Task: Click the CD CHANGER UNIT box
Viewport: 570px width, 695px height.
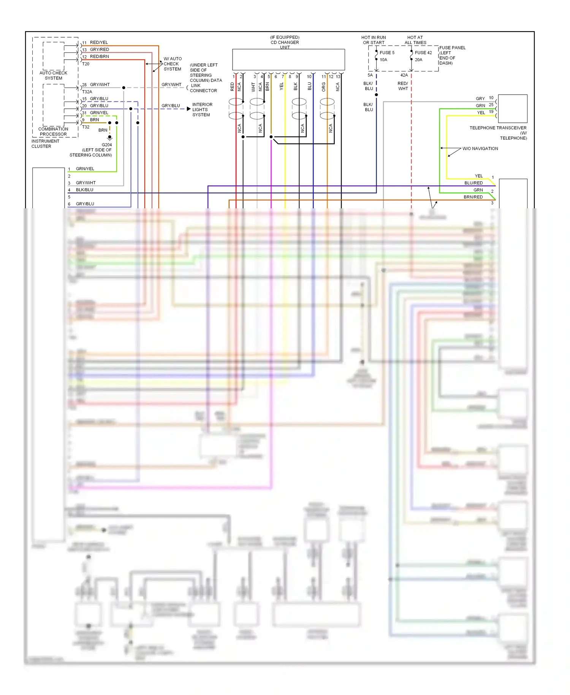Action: click(288, 59)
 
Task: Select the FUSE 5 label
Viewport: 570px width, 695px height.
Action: click(387, 53)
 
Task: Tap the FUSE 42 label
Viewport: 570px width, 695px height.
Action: click(423, 53)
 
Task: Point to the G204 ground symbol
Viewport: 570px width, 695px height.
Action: click(109, 138)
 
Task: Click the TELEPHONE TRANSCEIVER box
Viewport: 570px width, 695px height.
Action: click(512, 108)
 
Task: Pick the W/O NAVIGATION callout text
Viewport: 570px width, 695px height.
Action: click(480, 149)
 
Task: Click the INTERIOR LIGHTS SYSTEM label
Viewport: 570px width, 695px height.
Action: click(202, 109)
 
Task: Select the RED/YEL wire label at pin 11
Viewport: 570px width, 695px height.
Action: click(99, 43)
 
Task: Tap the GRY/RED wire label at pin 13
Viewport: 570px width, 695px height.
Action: click(99, 49)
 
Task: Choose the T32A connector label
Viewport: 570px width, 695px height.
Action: click(87, 92)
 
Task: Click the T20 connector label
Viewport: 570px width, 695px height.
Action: click(85, 64)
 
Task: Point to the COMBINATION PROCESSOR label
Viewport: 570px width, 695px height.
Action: click(53, 132)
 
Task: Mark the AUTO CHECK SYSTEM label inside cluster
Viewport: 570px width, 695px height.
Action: click(53, 75)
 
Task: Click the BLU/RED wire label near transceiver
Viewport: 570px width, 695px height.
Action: click(473, 183)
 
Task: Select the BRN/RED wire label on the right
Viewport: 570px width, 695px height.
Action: click(473, 197)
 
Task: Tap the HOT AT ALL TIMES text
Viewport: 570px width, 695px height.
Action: click(415, 40)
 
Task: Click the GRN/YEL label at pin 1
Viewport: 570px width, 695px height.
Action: click(85, 169)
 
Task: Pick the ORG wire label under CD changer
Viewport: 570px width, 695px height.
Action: click(323, 87)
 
